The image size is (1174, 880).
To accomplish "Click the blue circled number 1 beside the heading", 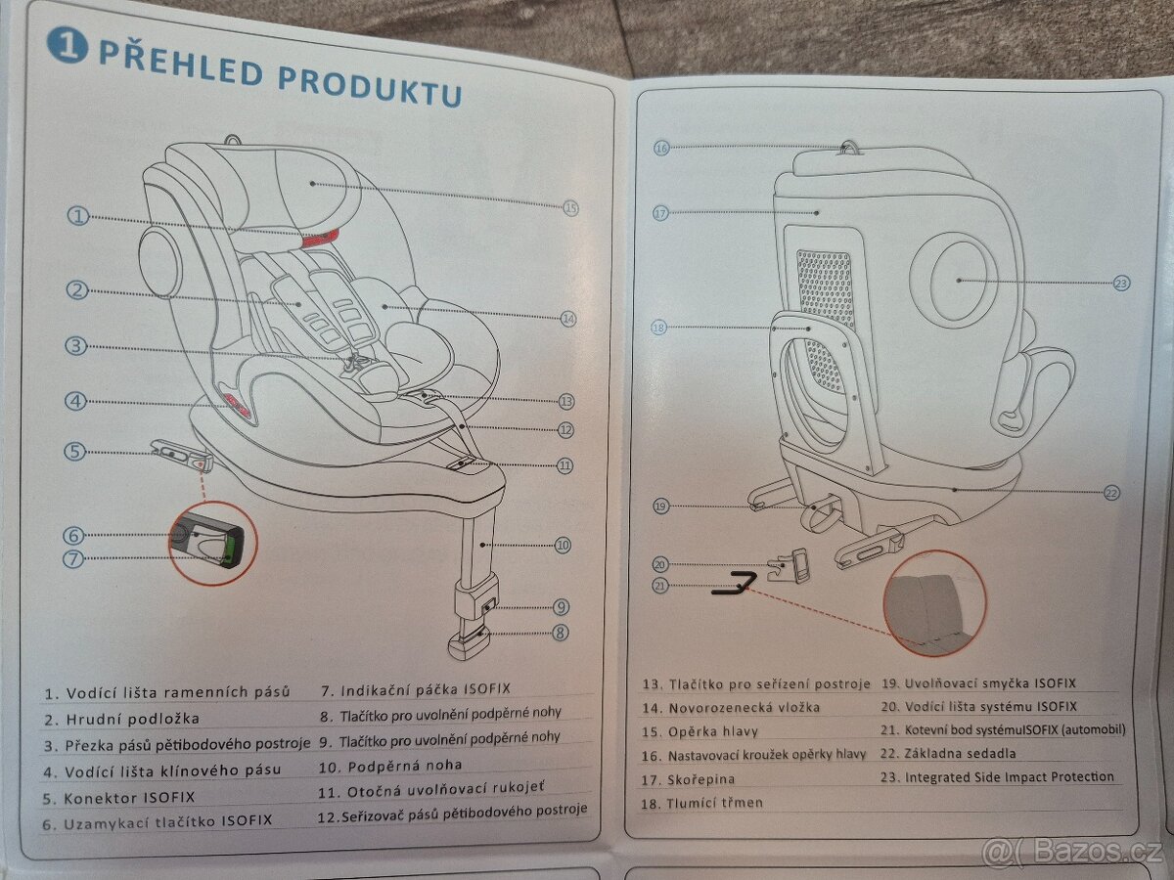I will [x=68, y=44].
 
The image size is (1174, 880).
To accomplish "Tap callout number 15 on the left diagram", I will [x=571, y=207].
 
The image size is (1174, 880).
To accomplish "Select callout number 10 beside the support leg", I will [x=562, y=545].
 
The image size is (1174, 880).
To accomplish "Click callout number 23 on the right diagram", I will [x=1121, y=283].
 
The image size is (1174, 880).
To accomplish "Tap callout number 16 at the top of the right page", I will [x=661, y=148].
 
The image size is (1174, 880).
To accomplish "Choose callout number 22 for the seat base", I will [x=1110, y=493].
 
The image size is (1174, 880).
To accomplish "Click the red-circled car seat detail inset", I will [x=934, y=603].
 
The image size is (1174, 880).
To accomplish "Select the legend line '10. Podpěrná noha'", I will [x=389, y=765].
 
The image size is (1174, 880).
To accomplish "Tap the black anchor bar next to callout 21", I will [x=734, y=587].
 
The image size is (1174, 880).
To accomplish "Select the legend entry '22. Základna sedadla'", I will [x=948, y=753].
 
